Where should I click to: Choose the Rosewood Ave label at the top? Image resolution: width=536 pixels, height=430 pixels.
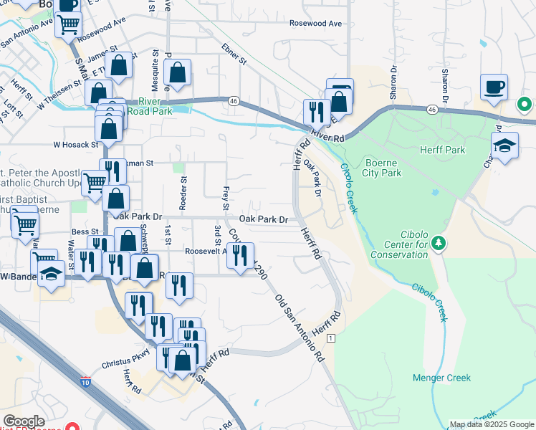(315, 23)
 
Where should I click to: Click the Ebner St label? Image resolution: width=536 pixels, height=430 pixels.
(234, 58)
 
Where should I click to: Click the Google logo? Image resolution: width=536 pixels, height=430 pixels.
(24, 421)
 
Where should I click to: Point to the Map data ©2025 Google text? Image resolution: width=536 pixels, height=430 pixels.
(492, 424)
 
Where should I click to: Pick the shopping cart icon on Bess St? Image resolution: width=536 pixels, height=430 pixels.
(24, 224)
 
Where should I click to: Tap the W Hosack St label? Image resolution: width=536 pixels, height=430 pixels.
(75, 144)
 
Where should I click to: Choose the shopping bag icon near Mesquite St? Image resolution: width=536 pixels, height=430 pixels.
(177, 72)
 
